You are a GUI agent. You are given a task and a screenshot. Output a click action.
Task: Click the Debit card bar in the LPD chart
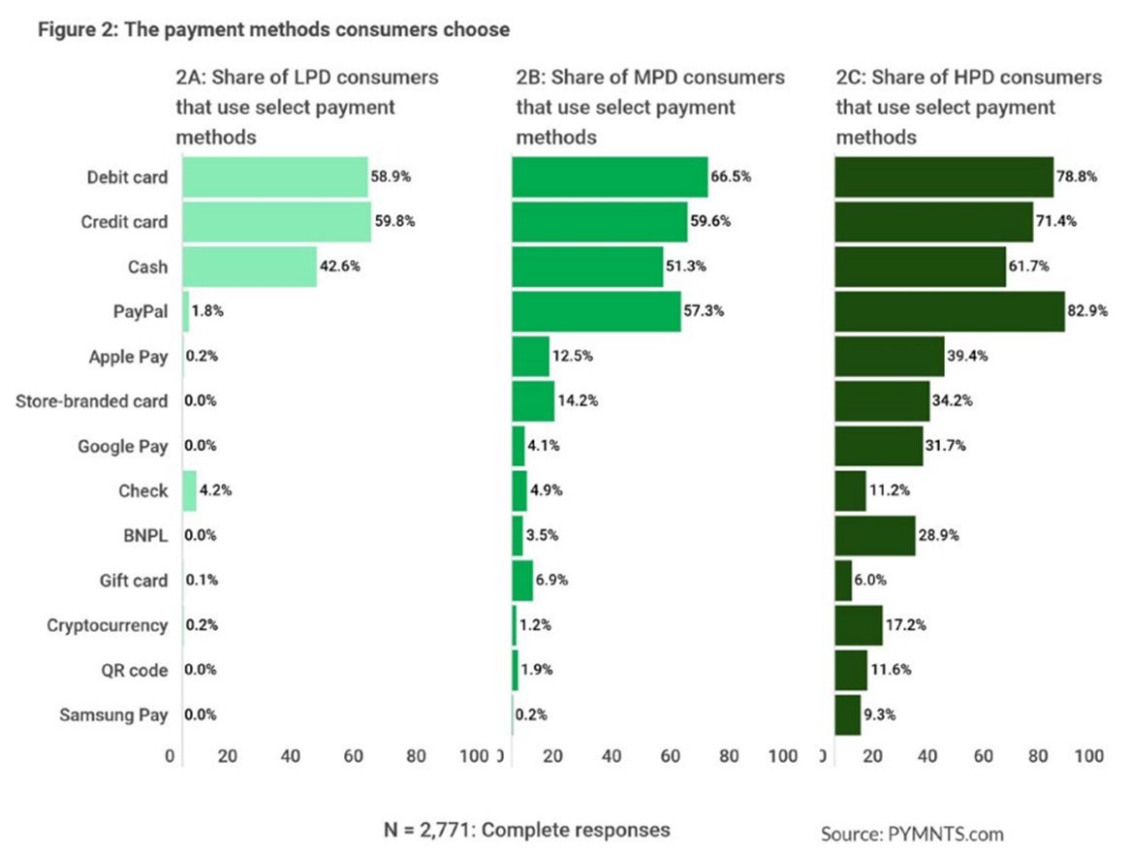click(275, 177)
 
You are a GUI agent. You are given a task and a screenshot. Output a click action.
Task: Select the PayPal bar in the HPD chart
click(950, 311)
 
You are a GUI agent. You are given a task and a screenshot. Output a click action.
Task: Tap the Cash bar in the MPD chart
click(587, 267)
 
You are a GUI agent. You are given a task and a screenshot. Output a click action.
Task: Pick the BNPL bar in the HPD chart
click(874, 535)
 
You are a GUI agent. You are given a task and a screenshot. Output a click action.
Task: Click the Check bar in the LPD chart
click(189, 490)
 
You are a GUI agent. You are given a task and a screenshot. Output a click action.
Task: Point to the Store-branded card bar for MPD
click(533, 400)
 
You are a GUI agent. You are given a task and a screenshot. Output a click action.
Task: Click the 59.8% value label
click(394, 222)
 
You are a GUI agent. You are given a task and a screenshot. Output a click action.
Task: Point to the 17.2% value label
click(906, 625)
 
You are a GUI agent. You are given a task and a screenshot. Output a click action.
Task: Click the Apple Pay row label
click(128, 356)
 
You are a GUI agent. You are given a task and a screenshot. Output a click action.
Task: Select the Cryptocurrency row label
click(108, 625)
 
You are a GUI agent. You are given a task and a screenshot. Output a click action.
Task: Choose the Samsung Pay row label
click(113, 715)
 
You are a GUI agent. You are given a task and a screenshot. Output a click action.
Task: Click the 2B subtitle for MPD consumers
click(650, 107)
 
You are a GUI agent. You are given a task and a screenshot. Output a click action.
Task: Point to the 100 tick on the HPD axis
click(1088, 756)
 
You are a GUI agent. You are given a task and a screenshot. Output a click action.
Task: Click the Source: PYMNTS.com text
click(912, 834)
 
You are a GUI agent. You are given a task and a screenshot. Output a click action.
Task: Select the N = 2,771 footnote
click(526, 830)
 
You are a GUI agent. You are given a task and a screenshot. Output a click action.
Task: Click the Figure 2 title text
click(273, 30)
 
